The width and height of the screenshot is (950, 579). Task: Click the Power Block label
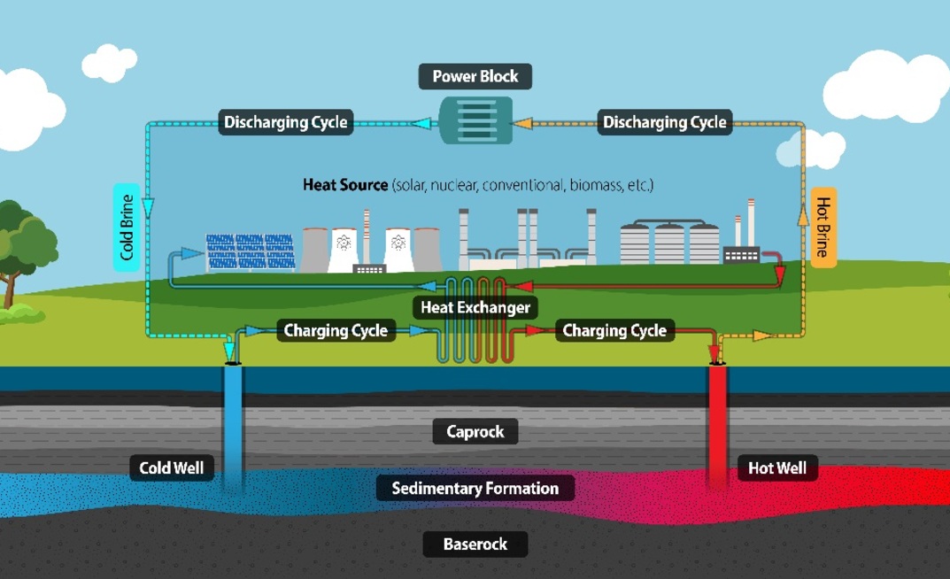(x=475, y=76)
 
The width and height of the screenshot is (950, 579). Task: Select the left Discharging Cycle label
(x=286, y=122)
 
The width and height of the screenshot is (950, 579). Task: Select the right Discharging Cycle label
(x=665, y=122)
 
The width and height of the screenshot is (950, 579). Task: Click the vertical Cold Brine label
(x=127, y=228)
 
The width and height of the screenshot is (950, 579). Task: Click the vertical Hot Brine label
(x=823, y=228)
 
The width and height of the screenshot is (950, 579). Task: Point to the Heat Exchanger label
(x=475, y=307)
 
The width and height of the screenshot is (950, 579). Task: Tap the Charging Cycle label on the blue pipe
(x=336, y=331)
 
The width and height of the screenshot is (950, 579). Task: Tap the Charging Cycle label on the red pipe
(x=614, y=331)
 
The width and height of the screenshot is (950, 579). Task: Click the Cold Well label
(x=173, y=467)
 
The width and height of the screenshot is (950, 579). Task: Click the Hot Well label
(x=776, y=467)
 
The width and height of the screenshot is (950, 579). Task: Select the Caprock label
(x=475, y=432)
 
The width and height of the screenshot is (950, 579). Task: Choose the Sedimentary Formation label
(x=475, y=488)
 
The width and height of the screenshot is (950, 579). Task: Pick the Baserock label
(x=475, y=543)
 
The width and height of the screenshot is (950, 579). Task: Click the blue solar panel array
(x=251, y=253)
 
